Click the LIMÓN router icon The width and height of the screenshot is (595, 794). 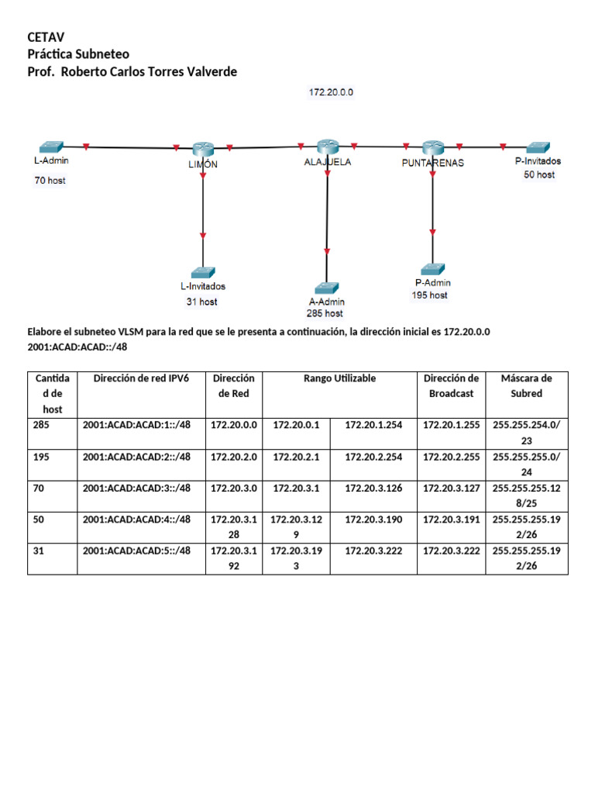click(x=203, y=148)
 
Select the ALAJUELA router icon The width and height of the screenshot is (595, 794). click(x=328, y=147)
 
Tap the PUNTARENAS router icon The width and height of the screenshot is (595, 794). click(x=432, y=147)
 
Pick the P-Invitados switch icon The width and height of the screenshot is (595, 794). click(x=538, y=147)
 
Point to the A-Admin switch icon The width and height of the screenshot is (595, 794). click(x=327, y=288)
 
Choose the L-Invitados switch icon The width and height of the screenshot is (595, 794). click(x=203, y=271)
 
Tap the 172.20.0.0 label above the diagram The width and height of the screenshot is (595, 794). click(x=331, y=92)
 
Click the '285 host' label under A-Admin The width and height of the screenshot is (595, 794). click(x=325, y=313)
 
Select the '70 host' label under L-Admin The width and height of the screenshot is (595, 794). click(x=50, y=180)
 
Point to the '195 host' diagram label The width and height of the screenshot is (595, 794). click(x=429, y=295)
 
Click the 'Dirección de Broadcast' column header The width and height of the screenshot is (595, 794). click(x=452, y=385)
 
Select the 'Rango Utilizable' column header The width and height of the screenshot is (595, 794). click(x=339, y=378)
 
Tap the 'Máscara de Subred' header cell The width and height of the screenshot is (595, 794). click(x=526, y=385)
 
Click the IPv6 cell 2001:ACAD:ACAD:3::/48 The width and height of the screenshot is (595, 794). click(x=136, y=488)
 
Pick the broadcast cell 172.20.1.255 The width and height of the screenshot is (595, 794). click(x=452, y=425)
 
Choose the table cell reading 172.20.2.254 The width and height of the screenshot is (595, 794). click(x=373, y=457)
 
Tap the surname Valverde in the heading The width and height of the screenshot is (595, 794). click(x=209, y=71)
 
